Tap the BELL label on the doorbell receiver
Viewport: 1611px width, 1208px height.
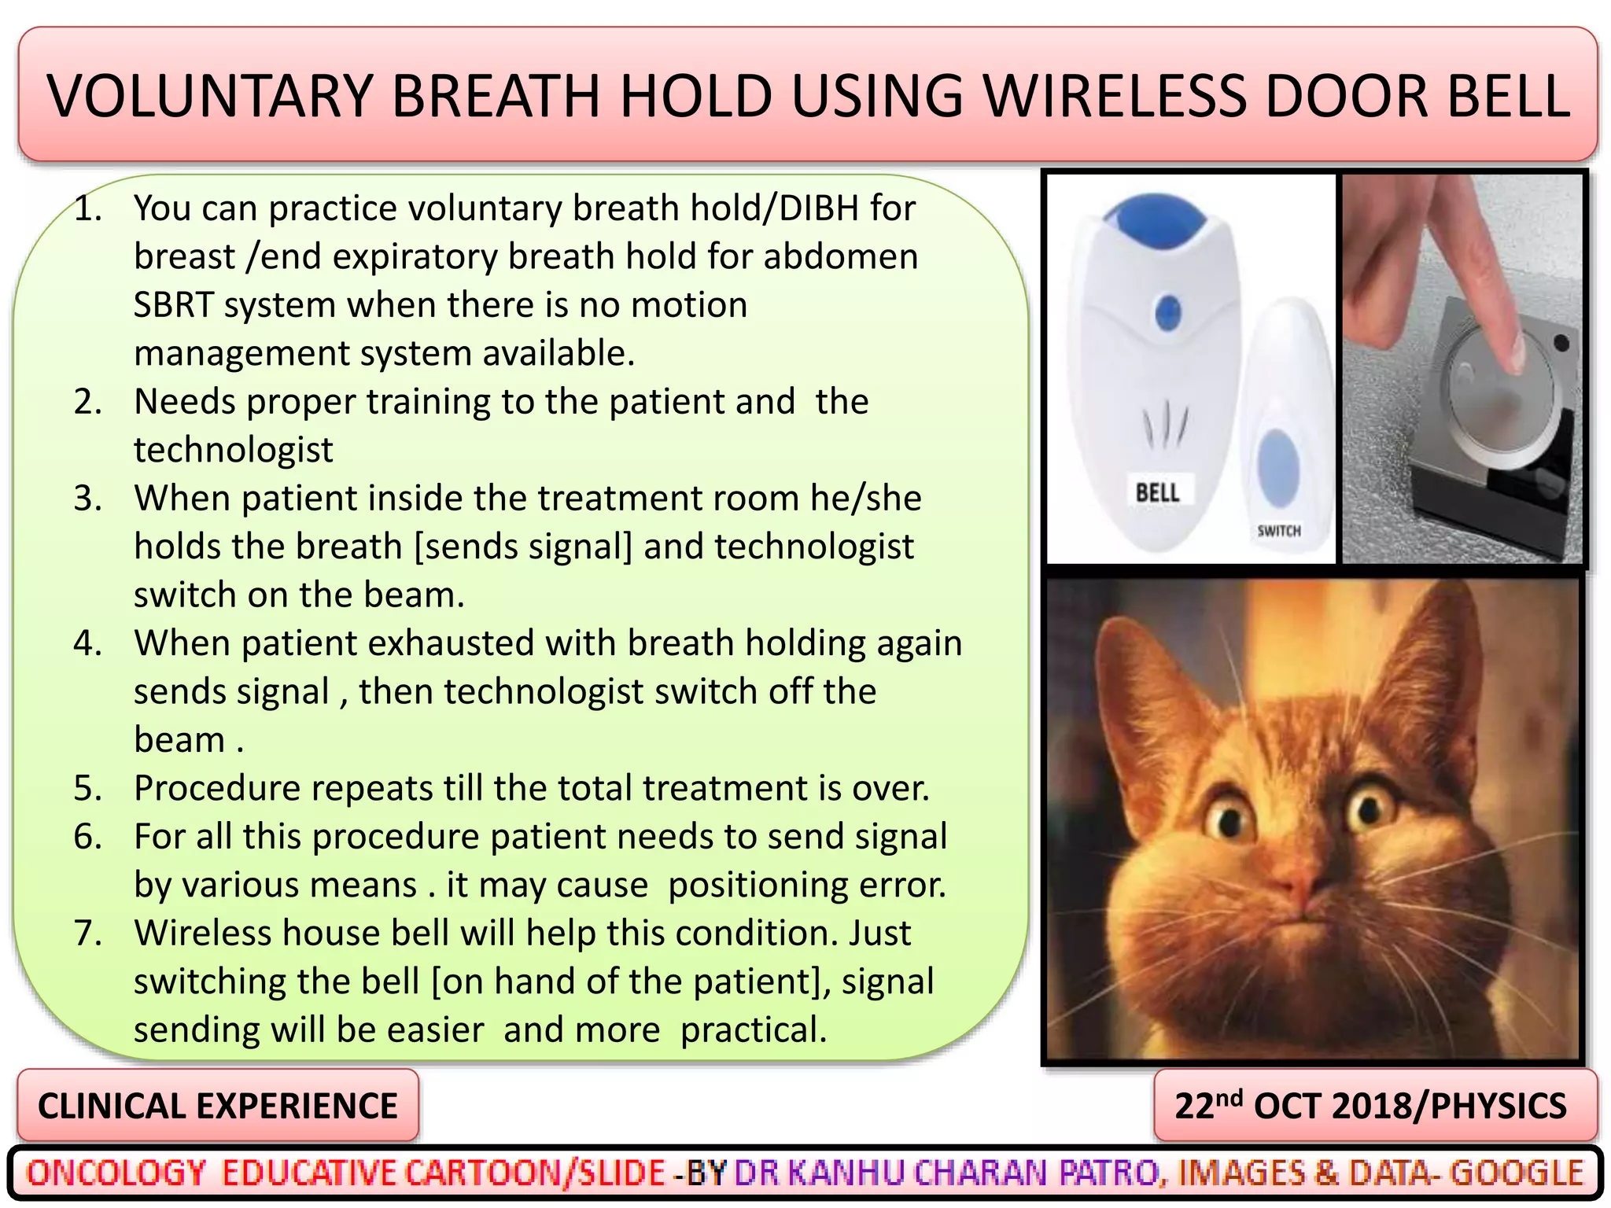pos(1157,493)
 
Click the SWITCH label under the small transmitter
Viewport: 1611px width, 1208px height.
pos(1278,531)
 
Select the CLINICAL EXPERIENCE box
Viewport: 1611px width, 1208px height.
pos(218,1105)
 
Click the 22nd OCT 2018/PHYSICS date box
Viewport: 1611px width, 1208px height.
pos(1374,1105)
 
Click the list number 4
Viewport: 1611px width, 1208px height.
pos(88,643)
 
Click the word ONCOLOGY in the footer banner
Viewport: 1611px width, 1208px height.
pos(116,1173)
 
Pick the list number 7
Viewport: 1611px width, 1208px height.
pos(88,934)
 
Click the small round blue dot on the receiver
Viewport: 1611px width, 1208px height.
pos(1168,314)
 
